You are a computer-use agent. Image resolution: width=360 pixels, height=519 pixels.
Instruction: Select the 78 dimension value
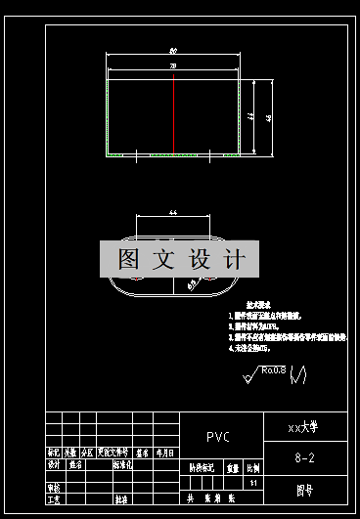pos(173,65)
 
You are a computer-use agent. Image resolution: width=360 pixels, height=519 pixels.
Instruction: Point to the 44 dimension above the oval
pos(172,212)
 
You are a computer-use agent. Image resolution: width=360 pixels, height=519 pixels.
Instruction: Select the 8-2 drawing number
pos(304,456)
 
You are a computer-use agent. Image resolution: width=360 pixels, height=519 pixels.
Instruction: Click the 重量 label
pos(233,468)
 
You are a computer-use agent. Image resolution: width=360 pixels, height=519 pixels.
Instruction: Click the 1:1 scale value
pos(254,483)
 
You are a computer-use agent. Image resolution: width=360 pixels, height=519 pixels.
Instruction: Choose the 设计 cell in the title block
pos(54,465)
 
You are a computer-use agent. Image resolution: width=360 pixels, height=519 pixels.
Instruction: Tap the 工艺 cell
pos(54,498)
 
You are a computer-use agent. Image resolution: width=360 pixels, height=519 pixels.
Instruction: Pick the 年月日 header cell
pos(163,453)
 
